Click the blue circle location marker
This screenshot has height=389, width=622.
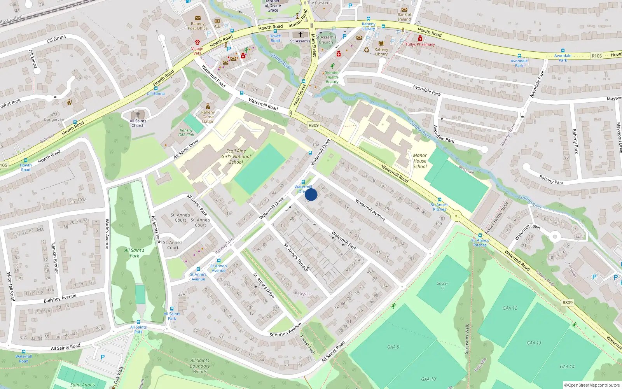[311, 194]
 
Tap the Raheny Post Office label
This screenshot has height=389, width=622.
[197, 26]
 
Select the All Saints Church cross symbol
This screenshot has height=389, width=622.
[138, 115]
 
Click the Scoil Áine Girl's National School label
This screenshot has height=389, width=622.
[236, 157]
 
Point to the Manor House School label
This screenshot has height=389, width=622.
[420, 161]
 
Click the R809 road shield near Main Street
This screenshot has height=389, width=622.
[313, 125]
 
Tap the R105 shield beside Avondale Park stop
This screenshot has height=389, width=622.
[597, 56]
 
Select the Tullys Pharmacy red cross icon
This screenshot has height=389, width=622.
[420, 39]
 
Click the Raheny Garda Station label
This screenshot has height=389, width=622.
[208, 117]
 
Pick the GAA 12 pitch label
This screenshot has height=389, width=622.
[510, 308]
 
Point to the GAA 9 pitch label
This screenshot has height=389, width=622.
[393, 347]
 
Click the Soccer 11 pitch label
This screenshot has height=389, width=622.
[442, 286]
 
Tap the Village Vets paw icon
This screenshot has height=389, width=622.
[197, 42]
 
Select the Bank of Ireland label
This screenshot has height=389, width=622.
[404, 17]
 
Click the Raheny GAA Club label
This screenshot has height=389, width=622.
[186, 133]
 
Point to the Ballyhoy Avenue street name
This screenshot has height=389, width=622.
[60, 298]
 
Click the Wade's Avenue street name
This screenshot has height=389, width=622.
[107, 234]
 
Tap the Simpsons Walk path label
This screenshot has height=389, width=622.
[467, 339]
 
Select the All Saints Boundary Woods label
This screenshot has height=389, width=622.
[200, 366]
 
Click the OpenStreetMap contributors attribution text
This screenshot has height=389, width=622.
[592, 385]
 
